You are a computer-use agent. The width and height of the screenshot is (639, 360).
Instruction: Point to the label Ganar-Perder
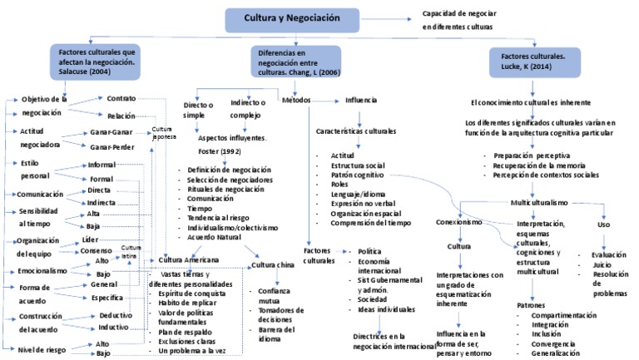[x=113, y=147]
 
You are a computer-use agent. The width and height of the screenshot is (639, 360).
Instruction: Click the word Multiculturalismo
[x=538, y=202]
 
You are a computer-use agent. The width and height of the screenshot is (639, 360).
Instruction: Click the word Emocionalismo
[x=44, y=271]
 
